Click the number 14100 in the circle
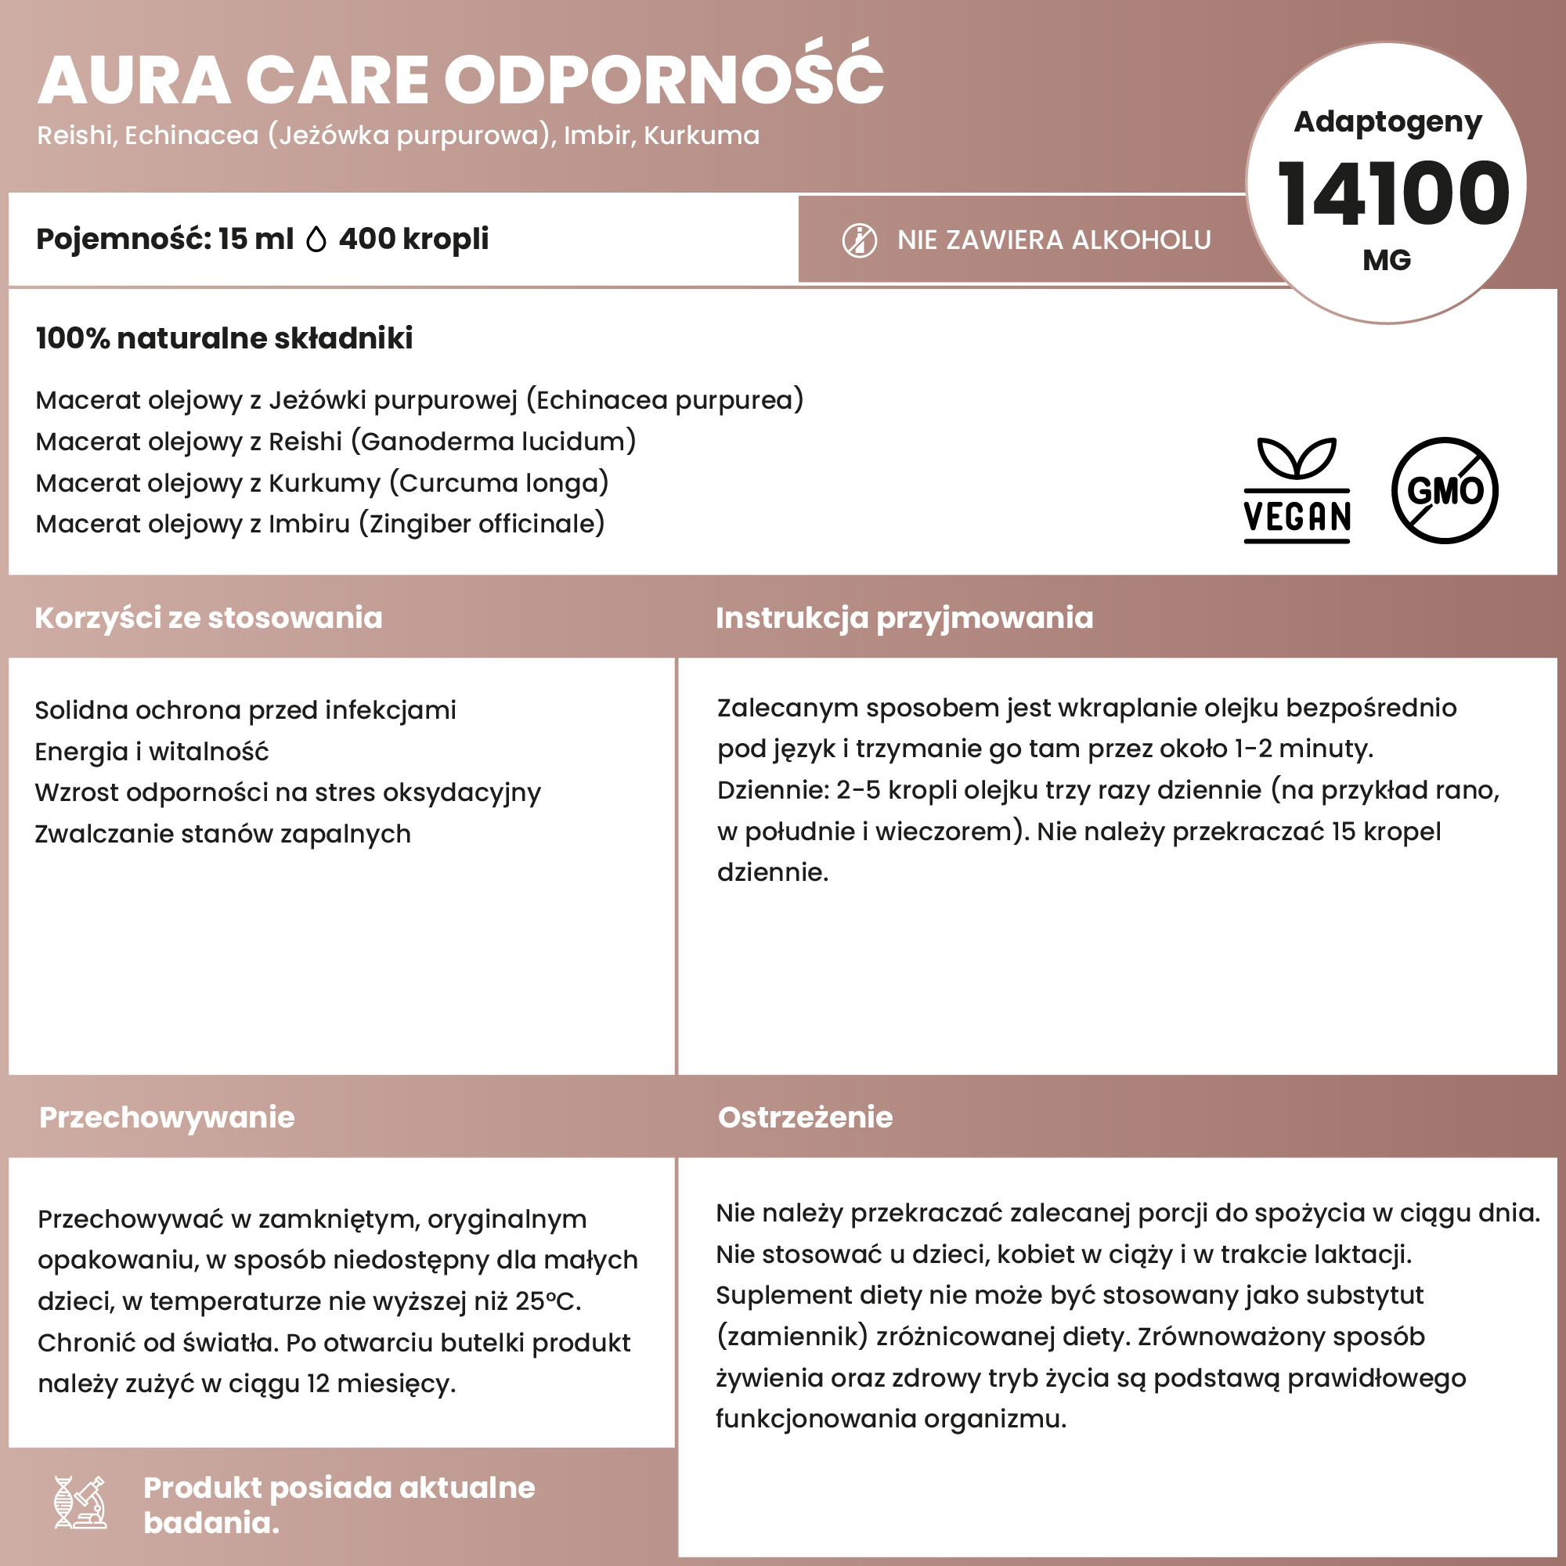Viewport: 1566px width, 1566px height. click(1392, 193)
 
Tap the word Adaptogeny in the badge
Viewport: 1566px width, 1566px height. click(1387, 122)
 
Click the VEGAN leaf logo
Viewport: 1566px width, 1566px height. click(1297, 490)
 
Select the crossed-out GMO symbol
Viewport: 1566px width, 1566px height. click(1445, 490)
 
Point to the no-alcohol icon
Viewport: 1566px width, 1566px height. click(859, 240)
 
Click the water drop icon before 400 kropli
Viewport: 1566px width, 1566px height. click(316, 240)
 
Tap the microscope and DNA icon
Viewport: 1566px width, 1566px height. click(80, 1502)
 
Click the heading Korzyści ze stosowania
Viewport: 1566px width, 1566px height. click(208, 618)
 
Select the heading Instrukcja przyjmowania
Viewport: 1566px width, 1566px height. click(904, 618)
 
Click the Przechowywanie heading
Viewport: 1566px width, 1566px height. click(167, 1117)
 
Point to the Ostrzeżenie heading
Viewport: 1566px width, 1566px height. click(805, 1117)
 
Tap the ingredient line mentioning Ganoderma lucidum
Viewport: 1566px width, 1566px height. click(336, 442)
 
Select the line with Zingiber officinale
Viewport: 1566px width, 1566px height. click(320, 524)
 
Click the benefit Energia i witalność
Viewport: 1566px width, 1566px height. click(152, 752)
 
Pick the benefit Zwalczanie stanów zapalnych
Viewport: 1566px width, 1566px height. click(223, 834)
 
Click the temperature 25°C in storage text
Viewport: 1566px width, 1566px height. click(547, 1301)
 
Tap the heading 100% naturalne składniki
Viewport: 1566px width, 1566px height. click(225, 338)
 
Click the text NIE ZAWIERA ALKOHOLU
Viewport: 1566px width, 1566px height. click(1054, 240)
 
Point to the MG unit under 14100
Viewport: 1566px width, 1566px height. click(1387, 260)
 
